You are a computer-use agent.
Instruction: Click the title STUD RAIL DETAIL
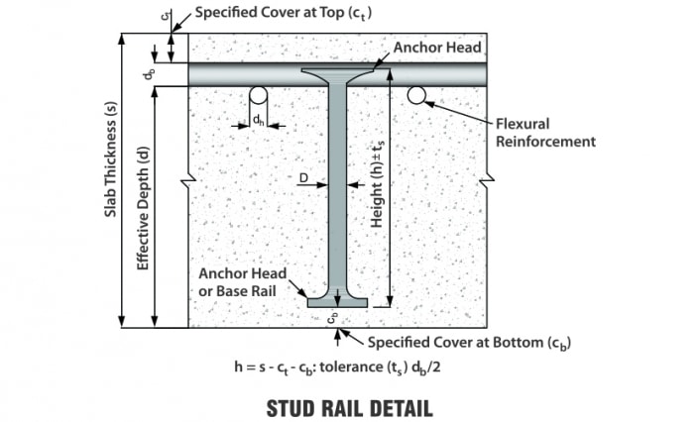pyautogui.click(x=349, y=406)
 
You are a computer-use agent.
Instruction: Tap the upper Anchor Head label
pyautogui.click(x=437, y=47)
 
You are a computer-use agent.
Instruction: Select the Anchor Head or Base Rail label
pyautogui.click(x=243, y=281)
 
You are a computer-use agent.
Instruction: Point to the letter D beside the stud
pyautogui.click(x=305, y=178)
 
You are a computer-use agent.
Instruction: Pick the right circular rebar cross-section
pyautogui.click(x=416, y=95)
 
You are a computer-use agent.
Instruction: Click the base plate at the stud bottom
pyautogui.click(x=338, y=302)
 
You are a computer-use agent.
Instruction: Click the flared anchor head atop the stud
pyautogui.click(x=338, y=76)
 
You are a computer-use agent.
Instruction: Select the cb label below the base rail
pyautogui.click(x=335, y=319)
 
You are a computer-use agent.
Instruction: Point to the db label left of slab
pyautogui.click(x=150, y=73)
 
